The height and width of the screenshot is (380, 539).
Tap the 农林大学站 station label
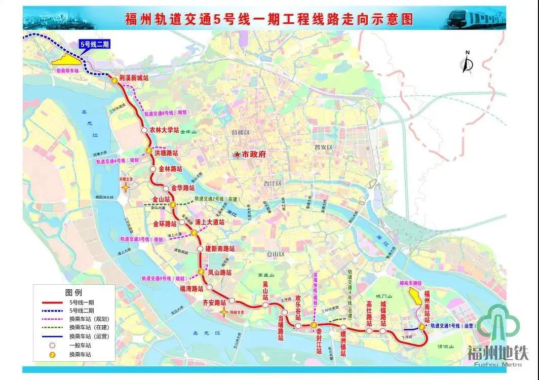click(165, 130)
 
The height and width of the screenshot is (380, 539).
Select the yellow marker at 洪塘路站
click(149, 151)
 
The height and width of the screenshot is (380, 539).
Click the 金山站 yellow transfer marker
click(173, 204)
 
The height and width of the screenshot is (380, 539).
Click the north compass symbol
click(467, 63)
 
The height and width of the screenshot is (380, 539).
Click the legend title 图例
click(73, 292)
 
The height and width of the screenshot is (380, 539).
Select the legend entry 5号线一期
click(82, 302)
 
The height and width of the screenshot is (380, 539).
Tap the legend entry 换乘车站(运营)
click(89, 336)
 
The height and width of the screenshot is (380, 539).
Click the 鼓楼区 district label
click(241, 133)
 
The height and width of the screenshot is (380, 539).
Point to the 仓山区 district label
click(276, 255)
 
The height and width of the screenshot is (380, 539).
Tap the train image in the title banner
click(476, 18)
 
